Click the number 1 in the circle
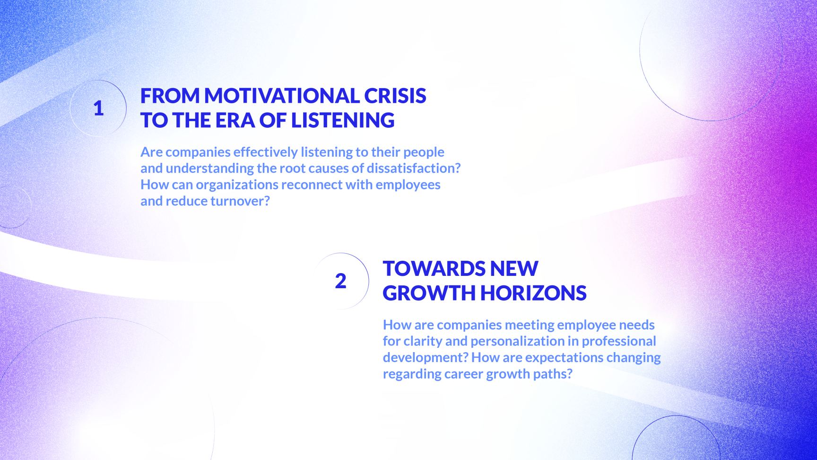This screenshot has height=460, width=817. pyautogui.click(x=98, y=108)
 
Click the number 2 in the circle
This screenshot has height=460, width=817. pyautogui.click(x=340, y=281)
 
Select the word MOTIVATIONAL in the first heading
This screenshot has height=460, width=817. pyautogui.click(x=282, y=96)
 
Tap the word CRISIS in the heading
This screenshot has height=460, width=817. pyautogui.click(x=395, y=96)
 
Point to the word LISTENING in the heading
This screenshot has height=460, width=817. pyautogui.click(x=343, y=120)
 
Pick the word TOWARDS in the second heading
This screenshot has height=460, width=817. pyautogui.click(x=434, y=268)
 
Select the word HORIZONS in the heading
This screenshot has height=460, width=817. pyautogui.click(x=533, y=293)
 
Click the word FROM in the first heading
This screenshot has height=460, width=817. pyautogui.click(x=170, y=96)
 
